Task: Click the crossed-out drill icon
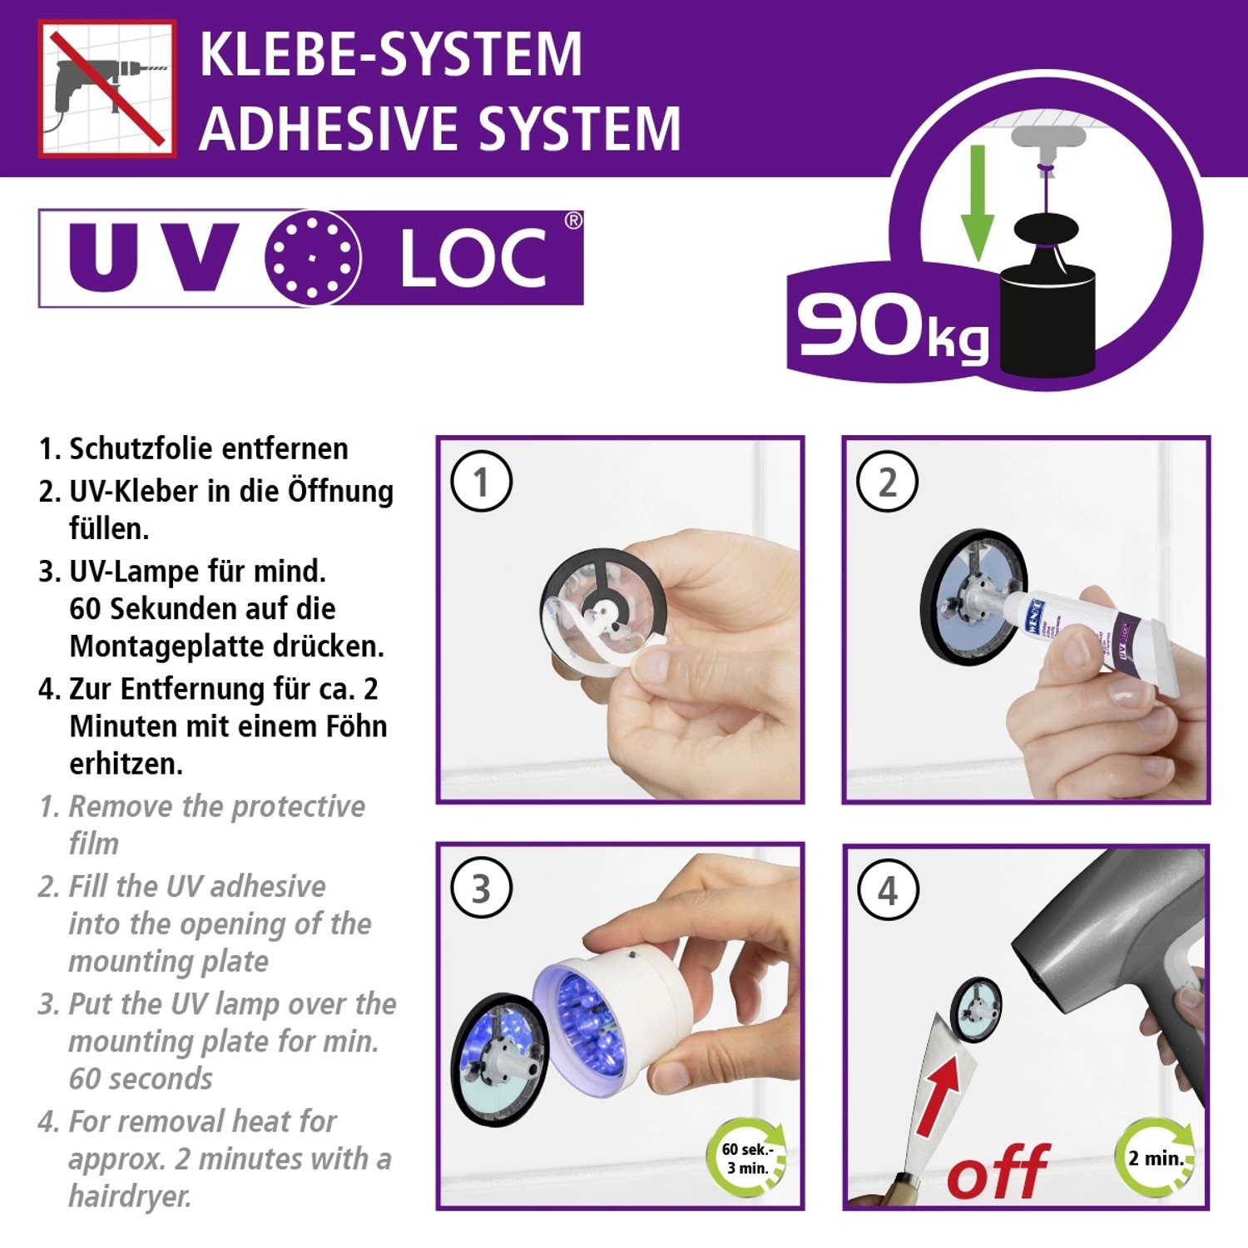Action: (x=107, y=89)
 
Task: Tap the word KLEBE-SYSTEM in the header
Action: (x=390, y=55)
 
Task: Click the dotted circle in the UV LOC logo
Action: (x=313, y=258)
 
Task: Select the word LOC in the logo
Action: (x=473, y=260)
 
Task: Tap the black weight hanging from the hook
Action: (x=1047, y=316)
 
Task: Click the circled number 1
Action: (x=481, y=482)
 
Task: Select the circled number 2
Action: (x=887, y=482)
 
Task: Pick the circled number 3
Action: (x=481, y=888)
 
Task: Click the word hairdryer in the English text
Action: (x=130, y=1196)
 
